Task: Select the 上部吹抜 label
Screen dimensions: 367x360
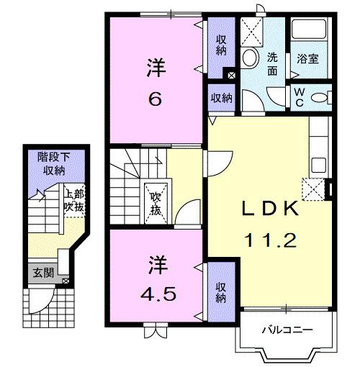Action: coord(73,199)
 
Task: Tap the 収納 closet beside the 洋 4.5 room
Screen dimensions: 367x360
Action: coord(221,292)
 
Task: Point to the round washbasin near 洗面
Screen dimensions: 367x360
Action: coord(251,58)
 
